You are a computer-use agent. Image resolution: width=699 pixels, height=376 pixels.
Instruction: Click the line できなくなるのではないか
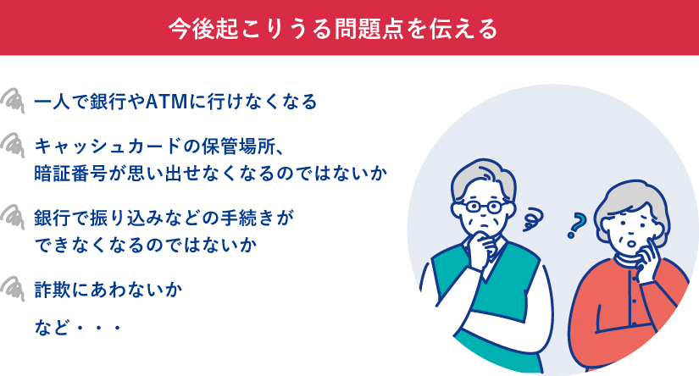click(146, 246)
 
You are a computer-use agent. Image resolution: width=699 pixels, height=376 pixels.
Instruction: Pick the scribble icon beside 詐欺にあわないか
click(15, 288)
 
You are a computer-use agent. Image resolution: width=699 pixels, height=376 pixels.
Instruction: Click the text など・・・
click(77, 324)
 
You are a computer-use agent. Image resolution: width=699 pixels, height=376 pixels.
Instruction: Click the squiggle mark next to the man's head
click(534, 220)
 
